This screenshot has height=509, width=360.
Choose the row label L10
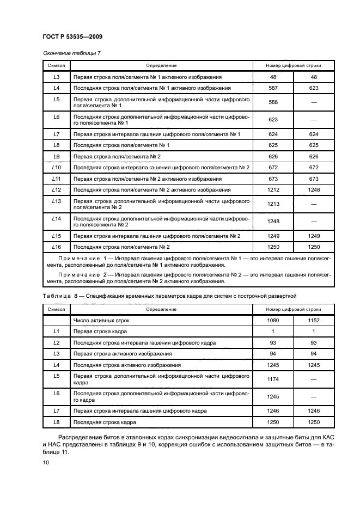[x=56, y=167]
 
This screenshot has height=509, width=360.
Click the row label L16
[x=56, y=247]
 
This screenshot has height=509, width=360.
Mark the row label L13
[x=56, y=201]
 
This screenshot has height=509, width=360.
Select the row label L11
[x=56, y=179]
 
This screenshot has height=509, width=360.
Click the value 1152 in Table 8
[x=314, y=321]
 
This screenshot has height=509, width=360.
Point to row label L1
[x=56, y=332]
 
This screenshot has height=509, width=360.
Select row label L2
[x=56, y=342]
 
